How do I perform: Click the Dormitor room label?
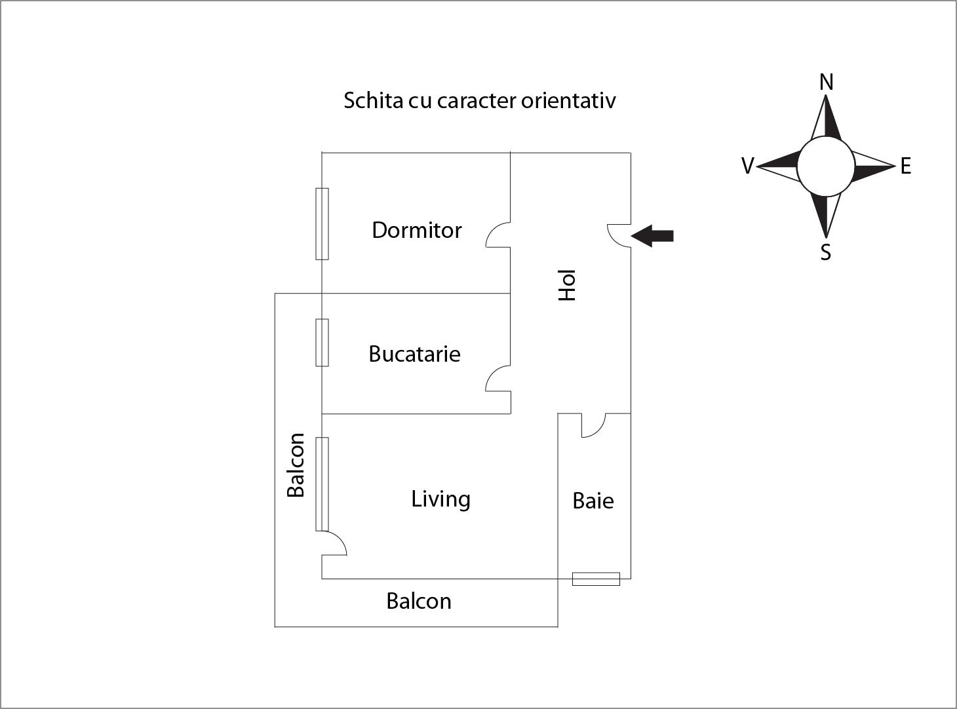(x=416, y=230)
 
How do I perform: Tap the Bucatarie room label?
(x=414, y=354)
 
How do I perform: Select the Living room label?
(x=440, y=499)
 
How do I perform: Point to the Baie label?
(x=593, y=501)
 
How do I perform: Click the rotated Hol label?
(x=567, y=285)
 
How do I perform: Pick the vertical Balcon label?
(x=296, y=465)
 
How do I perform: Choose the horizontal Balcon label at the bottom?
(x=419, y=601)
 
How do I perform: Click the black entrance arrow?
(x=652, y=236)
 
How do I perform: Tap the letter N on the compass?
(x=827, y=81)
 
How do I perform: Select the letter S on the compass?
(x=825, y=252)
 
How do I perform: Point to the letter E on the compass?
(x=906, y=166)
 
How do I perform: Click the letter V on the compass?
(x=748, y=165)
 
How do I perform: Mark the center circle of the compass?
(x=826, y=166)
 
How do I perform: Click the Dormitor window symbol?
(x=322, y=224)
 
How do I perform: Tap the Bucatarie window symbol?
(x=322, y=343)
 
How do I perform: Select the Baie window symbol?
(x=596, y=579)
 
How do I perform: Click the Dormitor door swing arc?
(x=498, y=235)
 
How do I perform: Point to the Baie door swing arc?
(x=594, y=425)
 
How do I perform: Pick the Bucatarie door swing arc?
(x=498, y=379)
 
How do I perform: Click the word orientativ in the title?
(x=568, y=101)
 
